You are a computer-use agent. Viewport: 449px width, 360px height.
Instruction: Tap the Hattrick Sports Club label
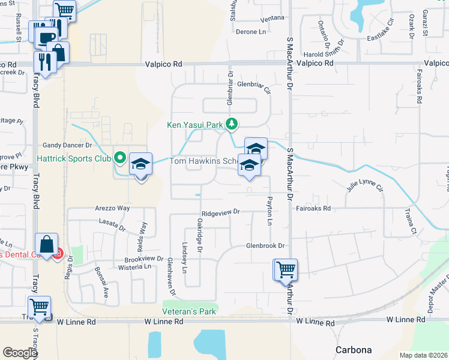pyautogui.click(x=77, y=159)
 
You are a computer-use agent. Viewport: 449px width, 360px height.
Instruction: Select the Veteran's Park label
pyautogui.click(x=189, y=312)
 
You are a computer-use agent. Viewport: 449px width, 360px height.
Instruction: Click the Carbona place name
pyautogui.click(x=353, y=350)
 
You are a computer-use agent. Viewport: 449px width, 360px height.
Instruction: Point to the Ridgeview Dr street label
pyautogui.click(x=221, y=212)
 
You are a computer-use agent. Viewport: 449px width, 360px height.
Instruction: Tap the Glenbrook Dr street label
pyautogui.click(x=264, y=246)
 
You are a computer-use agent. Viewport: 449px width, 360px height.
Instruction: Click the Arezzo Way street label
pyautogui.click(x=112, y=208)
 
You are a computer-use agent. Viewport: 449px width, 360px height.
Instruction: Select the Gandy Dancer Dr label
pyautogui.click(x=67, y=145)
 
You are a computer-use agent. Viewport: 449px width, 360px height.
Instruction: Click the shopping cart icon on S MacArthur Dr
pyautogui.click(x=285, y=269)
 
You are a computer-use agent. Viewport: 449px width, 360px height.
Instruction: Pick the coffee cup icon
pyautogui.click(x=45, y=38)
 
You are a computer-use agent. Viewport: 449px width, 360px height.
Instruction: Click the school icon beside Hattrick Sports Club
pyautogui.click(x=140, y=164)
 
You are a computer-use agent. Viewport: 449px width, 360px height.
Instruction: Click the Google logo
pyautogui.click(x=20, y=353)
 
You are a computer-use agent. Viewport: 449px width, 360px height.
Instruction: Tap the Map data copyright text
pyautogui.click(x=424, y=355)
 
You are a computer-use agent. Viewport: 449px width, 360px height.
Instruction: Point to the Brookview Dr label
pyautogui.click(x=144, y=258)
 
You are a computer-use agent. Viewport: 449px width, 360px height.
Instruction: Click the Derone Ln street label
pyautogui.click(x=250, y=31)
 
